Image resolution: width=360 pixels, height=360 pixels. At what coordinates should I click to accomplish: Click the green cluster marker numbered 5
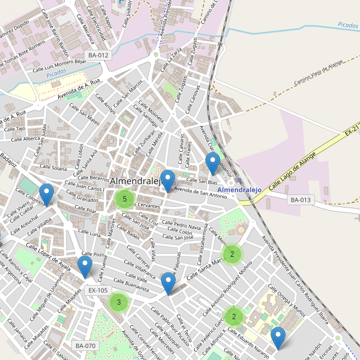pos(124,199)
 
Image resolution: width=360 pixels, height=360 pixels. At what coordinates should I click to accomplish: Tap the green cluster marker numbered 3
pos(119,302)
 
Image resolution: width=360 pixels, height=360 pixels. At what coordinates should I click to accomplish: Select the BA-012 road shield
pos(98,55)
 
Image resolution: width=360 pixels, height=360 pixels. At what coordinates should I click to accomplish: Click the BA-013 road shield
pos(301,200)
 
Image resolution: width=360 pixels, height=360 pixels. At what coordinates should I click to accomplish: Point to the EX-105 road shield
pos(98,290)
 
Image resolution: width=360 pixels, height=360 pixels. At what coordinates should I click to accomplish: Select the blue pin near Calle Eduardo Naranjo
pos(277,338)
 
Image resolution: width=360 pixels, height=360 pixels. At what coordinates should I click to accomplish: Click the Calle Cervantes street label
pos(144,205)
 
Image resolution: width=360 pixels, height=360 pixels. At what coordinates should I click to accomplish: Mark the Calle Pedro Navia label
pos(182,226)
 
